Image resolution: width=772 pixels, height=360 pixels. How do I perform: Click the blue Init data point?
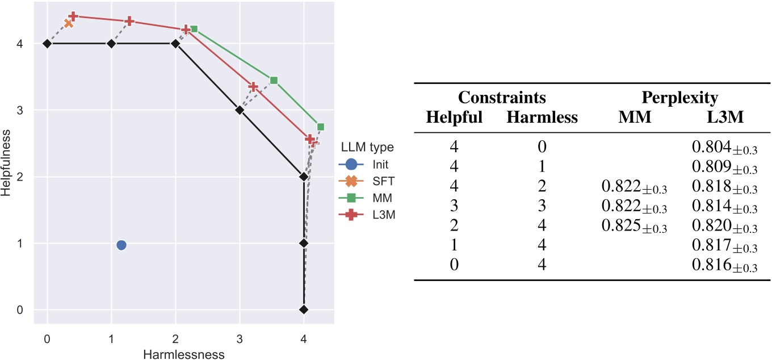click(121, 245)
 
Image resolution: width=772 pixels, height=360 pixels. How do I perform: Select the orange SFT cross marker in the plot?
click(69, 23)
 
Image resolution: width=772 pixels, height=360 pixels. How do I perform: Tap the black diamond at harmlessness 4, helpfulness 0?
click(304, 309)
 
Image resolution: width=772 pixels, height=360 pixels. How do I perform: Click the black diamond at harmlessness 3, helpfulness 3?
click(240, 110)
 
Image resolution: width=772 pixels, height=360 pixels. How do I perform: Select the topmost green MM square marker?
click(194, 29)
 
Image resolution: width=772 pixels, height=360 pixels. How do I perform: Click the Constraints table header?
click(502, 98)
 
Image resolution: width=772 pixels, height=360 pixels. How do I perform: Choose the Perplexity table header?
click(679, 98)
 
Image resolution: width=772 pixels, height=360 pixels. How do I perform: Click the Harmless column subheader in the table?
click(542, 117)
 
